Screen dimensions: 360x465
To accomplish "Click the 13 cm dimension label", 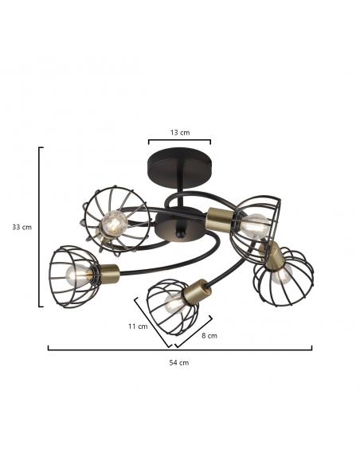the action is pos(180,132).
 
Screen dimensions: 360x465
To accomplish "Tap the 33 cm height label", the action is pos(22,227).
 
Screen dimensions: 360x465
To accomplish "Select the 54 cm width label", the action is pos(179,362).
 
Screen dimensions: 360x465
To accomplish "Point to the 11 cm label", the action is pos(138,326).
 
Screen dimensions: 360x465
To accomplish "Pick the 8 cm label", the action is pos(209,336).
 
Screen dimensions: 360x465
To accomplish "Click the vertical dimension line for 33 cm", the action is pos(39,227).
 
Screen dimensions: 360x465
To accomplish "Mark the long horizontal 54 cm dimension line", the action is pos(180,350).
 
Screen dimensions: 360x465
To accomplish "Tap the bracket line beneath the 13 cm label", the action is pos(180,140).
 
